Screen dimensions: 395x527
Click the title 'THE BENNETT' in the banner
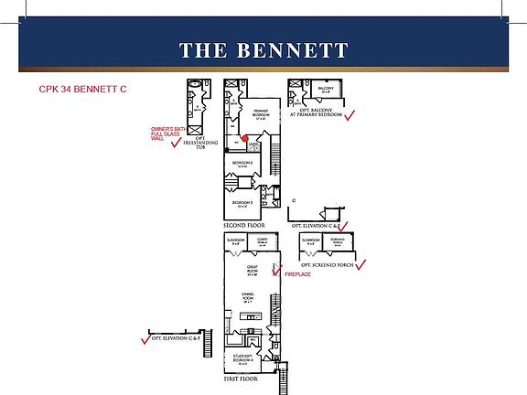click(263, 49)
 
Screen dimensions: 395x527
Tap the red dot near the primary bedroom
click(244, 138)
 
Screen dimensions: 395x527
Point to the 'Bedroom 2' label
click(242, 165)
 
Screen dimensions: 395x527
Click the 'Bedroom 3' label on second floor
click(242, 203)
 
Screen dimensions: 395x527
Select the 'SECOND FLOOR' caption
click(245, 225)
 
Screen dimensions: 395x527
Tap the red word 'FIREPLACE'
click(298, 274)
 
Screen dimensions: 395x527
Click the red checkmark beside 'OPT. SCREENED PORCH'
click(360, 265)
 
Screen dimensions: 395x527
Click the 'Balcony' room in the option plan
click(326, 91)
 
